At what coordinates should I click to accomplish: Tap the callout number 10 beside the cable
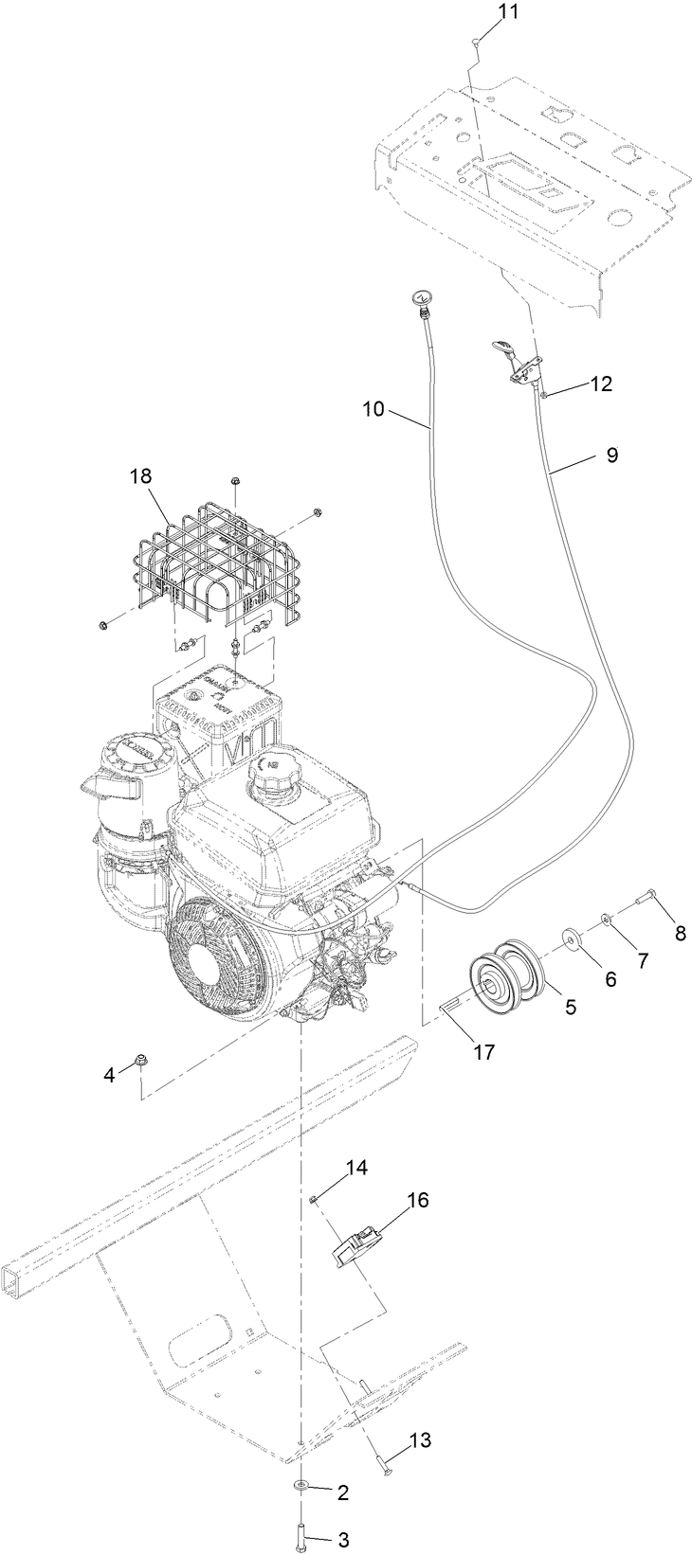pos(374,409)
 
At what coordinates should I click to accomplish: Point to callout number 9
pos(611,455)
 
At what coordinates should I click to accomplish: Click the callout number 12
pos(601,384)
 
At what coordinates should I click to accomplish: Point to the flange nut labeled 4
pos(141,1058)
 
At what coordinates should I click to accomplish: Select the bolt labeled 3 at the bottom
pos(300,1534)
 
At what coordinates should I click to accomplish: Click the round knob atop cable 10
pos(418,300)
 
